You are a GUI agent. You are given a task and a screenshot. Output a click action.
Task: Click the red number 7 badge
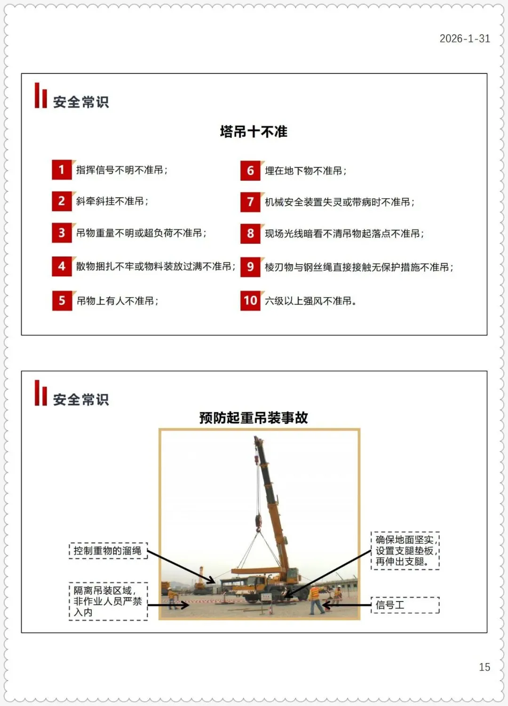pyautogui.click(x=250, y=202)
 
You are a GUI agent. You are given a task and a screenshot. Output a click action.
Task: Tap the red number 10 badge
pyautogui.click(x=250, y=301)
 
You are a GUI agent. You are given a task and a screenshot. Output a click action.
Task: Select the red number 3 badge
pyautogui.click(x=62, y=233)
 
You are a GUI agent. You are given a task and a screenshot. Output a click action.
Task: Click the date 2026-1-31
pyautogui.click(x=465, y=39)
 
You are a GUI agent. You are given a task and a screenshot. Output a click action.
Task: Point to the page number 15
pyautogui.click(x=484, y=667)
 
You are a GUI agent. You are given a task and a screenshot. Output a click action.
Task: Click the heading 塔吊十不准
pyautogui.click(x=254, y=131)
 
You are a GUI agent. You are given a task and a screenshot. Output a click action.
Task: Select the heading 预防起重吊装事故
pyautogui.click(x=254, y=418)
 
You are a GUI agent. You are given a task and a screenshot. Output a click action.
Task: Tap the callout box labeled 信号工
pyautogui.click(x=405, y=605)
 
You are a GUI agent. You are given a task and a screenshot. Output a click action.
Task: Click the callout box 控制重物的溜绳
pyautogui.click(x=108, y=551)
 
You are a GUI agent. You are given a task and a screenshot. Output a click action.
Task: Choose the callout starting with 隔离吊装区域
pyautogui.click(x=108, y=602)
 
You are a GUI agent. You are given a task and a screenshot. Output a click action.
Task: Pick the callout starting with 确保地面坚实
pyautogui.click(x=405, y=551)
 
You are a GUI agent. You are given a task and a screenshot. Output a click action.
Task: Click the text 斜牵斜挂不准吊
pyautogui.click(x=112, y=201)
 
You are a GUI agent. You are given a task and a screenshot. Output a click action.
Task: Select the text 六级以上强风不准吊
pyautogui.click(x=310, y=301)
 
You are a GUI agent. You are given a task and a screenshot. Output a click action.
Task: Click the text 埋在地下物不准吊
pyautogui.click(x=305, y=171)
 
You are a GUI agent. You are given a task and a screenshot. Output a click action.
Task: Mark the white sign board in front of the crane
pyautogui.click(x=266, y=597)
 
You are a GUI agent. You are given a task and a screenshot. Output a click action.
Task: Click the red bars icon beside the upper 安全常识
pyautogui.click(x=41, y=95)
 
